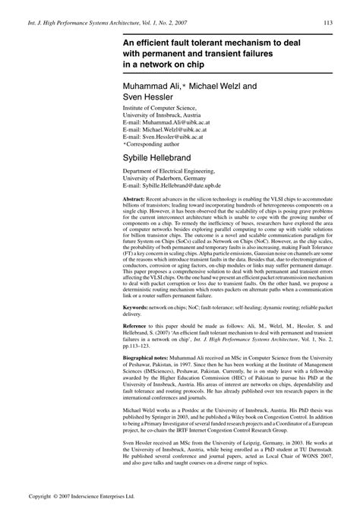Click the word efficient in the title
coord(155,43)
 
